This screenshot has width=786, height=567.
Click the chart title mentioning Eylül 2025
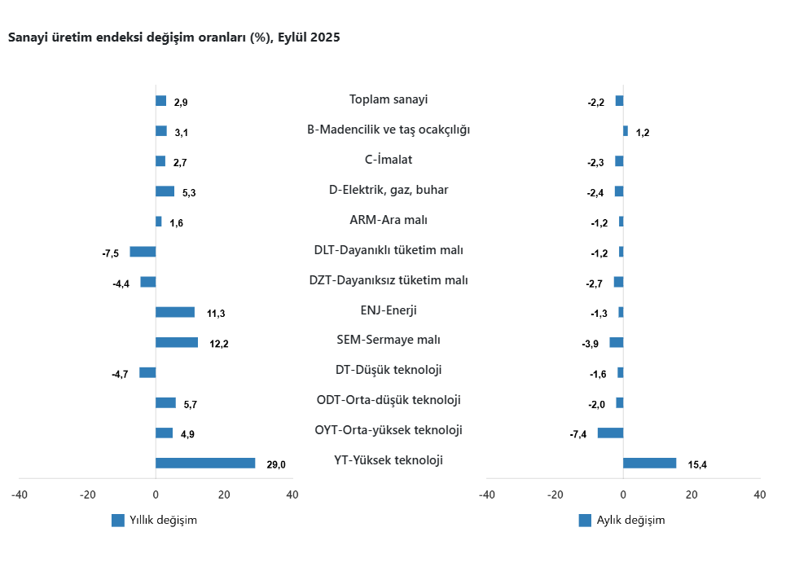pyautogui.click(x=173, y=37)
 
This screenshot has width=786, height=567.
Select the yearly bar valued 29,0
pyautogui.click(x=205, y=463)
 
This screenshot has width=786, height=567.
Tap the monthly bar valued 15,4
pyautogui.click(x=649, y=463)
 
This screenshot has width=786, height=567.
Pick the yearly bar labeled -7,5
pyautogui.click(x=143, y=252)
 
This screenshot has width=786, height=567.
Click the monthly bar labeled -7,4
pyautogui.click(x=610, y=433)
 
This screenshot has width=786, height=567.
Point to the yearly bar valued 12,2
pyautogui.click(x=177, y=342)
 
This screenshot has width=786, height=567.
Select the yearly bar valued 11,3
pyautogui.click(x=175, y=312)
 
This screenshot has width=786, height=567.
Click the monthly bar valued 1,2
pyautogui.click(x=626, y=130)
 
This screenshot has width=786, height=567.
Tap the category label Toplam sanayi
pyautogui.click(x=389, y=99)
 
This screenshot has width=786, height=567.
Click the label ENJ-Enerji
pyautogui.click(x=389, y=310)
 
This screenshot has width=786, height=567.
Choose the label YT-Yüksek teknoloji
pyautogui.click(x=389, y=460)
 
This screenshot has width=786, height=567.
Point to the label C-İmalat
pyautogui.click(x=389, y=160)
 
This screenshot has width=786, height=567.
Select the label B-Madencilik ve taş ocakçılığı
pyautogui.click(x=389, y=130)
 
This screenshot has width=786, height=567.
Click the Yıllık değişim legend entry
pyautogui.click(x=155, y=521)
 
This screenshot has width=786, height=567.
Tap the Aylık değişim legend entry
pyautogui.click(x=621, y=521)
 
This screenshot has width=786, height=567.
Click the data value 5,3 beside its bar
pyautogui.click(x=189, y=193)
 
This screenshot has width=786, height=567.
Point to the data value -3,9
pyautogui.click(x=591, y=344)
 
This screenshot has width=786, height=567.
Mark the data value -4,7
pyautogui.click(x=120, y=375)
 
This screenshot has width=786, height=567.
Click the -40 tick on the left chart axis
pyautogui.click(x=20, y=494)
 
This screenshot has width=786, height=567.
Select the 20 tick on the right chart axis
pyautogui.click(x=692, y=494)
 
